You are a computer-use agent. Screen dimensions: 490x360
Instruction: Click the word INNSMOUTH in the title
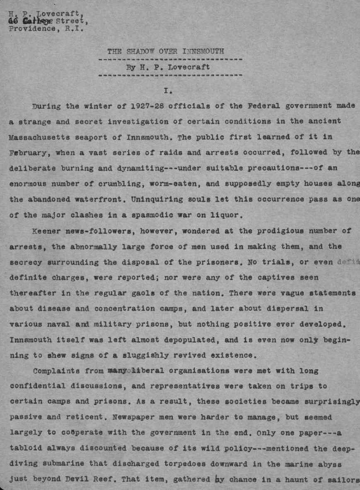[x=203, y=51]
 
